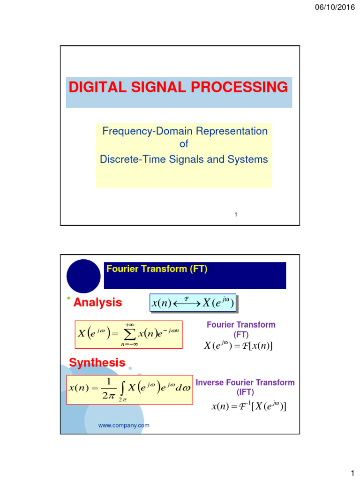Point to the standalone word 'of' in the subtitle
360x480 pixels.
click(x=184, y=144)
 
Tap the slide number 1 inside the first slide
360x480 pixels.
click(x=236, y=215)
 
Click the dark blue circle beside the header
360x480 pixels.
click(x=83, y=276)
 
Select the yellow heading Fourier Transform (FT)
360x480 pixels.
click(x=157, y=269)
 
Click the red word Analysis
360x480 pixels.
click(x=98, y=303)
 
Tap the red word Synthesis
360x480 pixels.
click(x=97, y=362)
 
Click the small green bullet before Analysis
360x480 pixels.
click(x=68, y=299)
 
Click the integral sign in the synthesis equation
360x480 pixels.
click(x=122, y=388)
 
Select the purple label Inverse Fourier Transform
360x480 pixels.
click(x=245, y=382)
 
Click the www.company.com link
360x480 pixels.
click(x=124, y=425)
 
